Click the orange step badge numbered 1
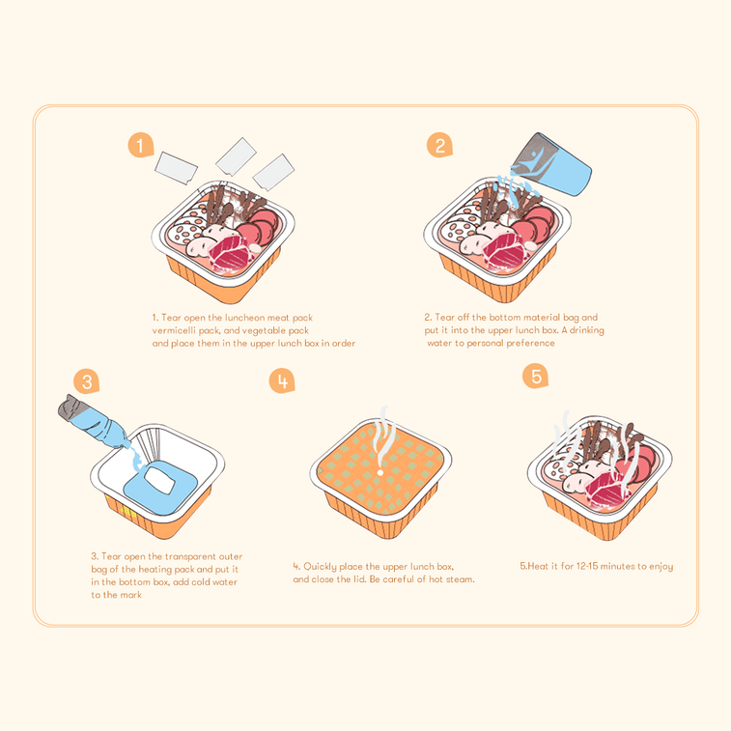140,145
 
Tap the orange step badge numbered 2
439,145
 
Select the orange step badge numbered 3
86,381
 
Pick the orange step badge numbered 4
282,380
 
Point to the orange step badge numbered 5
535,376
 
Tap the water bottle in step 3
94,421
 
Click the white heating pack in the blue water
159,480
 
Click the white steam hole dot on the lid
380,473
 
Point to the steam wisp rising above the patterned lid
383,436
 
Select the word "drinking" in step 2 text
586,330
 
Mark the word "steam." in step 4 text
461,579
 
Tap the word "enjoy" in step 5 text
661,567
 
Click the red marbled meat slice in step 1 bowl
228,253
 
